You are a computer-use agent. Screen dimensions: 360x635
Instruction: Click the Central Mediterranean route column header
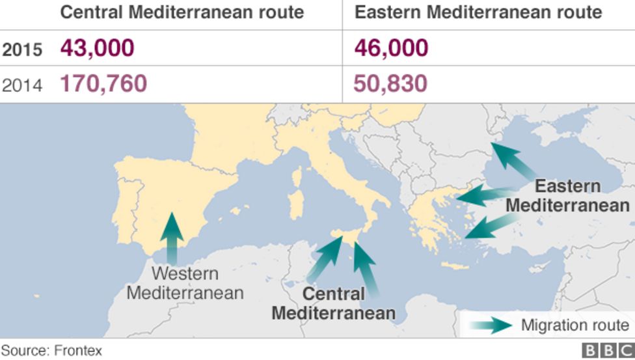182,12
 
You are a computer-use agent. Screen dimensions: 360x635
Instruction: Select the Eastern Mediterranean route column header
478,12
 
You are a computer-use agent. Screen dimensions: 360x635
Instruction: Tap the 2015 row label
22,49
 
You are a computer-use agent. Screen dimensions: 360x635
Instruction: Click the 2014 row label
22,85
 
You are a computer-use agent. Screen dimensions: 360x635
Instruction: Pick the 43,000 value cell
98,48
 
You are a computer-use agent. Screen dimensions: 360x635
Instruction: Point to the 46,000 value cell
391,48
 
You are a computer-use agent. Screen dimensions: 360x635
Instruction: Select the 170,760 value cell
103,84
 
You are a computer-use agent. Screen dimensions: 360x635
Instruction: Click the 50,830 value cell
390,84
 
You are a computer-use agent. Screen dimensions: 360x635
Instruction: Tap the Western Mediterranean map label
185,283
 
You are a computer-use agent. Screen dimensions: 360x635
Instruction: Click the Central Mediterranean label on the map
333,303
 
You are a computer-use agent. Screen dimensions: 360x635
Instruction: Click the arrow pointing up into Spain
172,238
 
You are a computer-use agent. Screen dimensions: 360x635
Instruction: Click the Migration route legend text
575,325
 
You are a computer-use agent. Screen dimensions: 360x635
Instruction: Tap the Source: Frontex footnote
51,351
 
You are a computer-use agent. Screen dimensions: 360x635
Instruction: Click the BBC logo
607,351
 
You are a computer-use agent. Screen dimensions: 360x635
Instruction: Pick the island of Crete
455,266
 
